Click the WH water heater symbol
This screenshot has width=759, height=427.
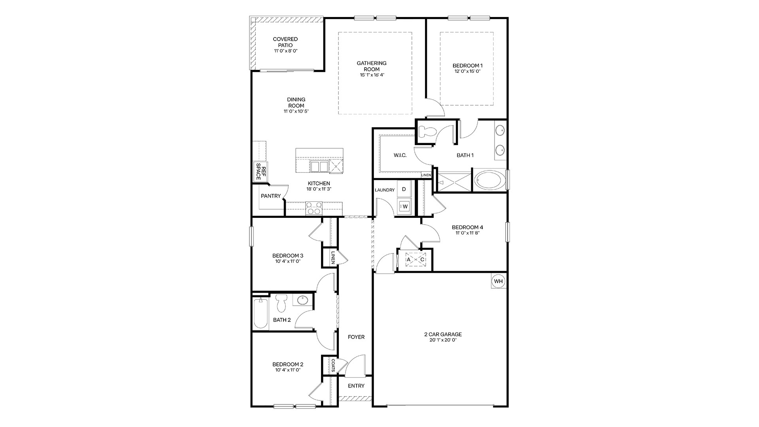pos(498,281)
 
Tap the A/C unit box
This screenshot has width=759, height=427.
pos(415,260)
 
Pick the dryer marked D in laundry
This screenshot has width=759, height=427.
pos(404,189)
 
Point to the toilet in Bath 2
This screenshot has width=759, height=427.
pos(281,303)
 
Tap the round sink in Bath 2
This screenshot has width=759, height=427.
pos(302,300)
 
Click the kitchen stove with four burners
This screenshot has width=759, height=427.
pos(314,208)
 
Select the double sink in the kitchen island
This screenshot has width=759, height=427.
pos(319,166)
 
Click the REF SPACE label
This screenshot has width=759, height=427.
pos(259,172)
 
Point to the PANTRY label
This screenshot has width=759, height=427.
pos(271,196)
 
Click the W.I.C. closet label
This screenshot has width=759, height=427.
pos(400,155)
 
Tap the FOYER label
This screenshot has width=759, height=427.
pos(356,337)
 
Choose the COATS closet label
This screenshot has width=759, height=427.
pos(333,365)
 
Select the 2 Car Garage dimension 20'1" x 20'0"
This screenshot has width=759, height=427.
pos(443,340)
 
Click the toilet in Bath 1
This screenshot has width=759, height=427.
pos(426,131)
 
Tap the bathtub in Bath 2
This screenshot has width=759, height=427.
pos(261,313)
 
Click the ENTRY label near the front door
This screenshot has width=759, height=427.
pos(356,386)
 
